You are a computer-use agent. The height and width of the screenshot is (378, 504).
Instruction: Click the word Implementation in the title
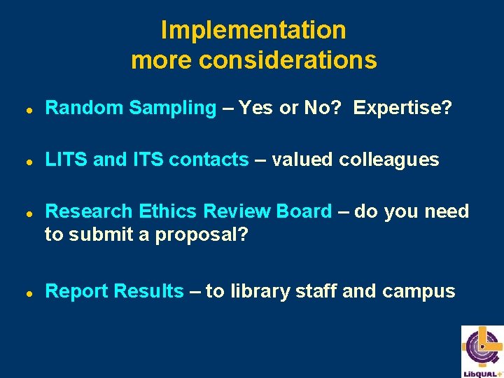[x=253, y=30]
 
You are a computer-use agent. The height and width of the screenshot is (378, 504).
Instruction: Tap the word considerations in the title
[x=288, y=60]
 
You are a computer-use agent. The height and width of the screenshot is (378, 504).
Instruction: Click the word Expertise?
[x=402, y=108]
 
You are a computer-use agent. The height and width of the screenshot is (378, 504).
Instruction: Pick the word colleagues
[x=389, y=160]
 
